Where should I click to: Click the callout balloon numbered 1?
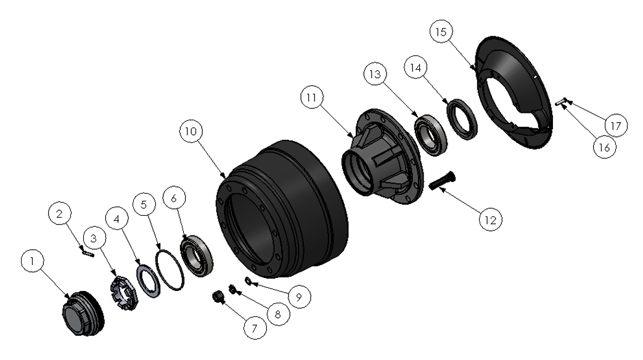click(33, 260)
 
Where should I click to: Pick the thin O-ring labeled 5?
click(170, 270)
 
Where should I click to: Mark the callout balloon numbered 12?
click(491, 220)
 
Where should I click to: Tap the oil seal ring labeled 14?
click(462, 119)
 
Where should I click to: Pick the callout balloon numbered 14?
click(416, 67)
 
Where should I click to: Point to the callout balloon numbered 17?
click(615, 126)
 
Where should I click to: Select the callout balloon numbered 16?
click(604, 147)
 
